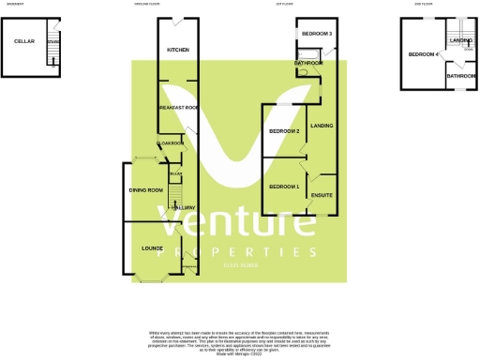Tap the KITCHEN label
tap(178, 50)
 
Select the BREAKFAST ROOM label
tap(177, 108)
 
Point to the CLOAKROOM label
tap(171, 142)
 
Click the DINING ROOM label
tap(145, 190)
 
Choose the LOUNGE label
tap(152, 248)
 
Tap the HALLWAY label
tap(182, 207)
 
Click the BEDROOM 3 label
tap(317, 35)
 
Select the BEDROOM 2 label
tap(284, 131)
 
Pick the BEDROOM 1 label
tap(283, 187)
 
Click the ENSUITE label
tap(322, 195)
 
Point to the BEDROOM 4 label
tap(423, 54)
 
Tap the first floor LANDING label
tap(322, 126)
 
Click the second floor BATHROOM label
tap(460, 76)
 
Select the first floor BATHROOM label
tap(308, 63)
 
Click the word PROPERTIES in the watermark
tap(238, 253)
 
